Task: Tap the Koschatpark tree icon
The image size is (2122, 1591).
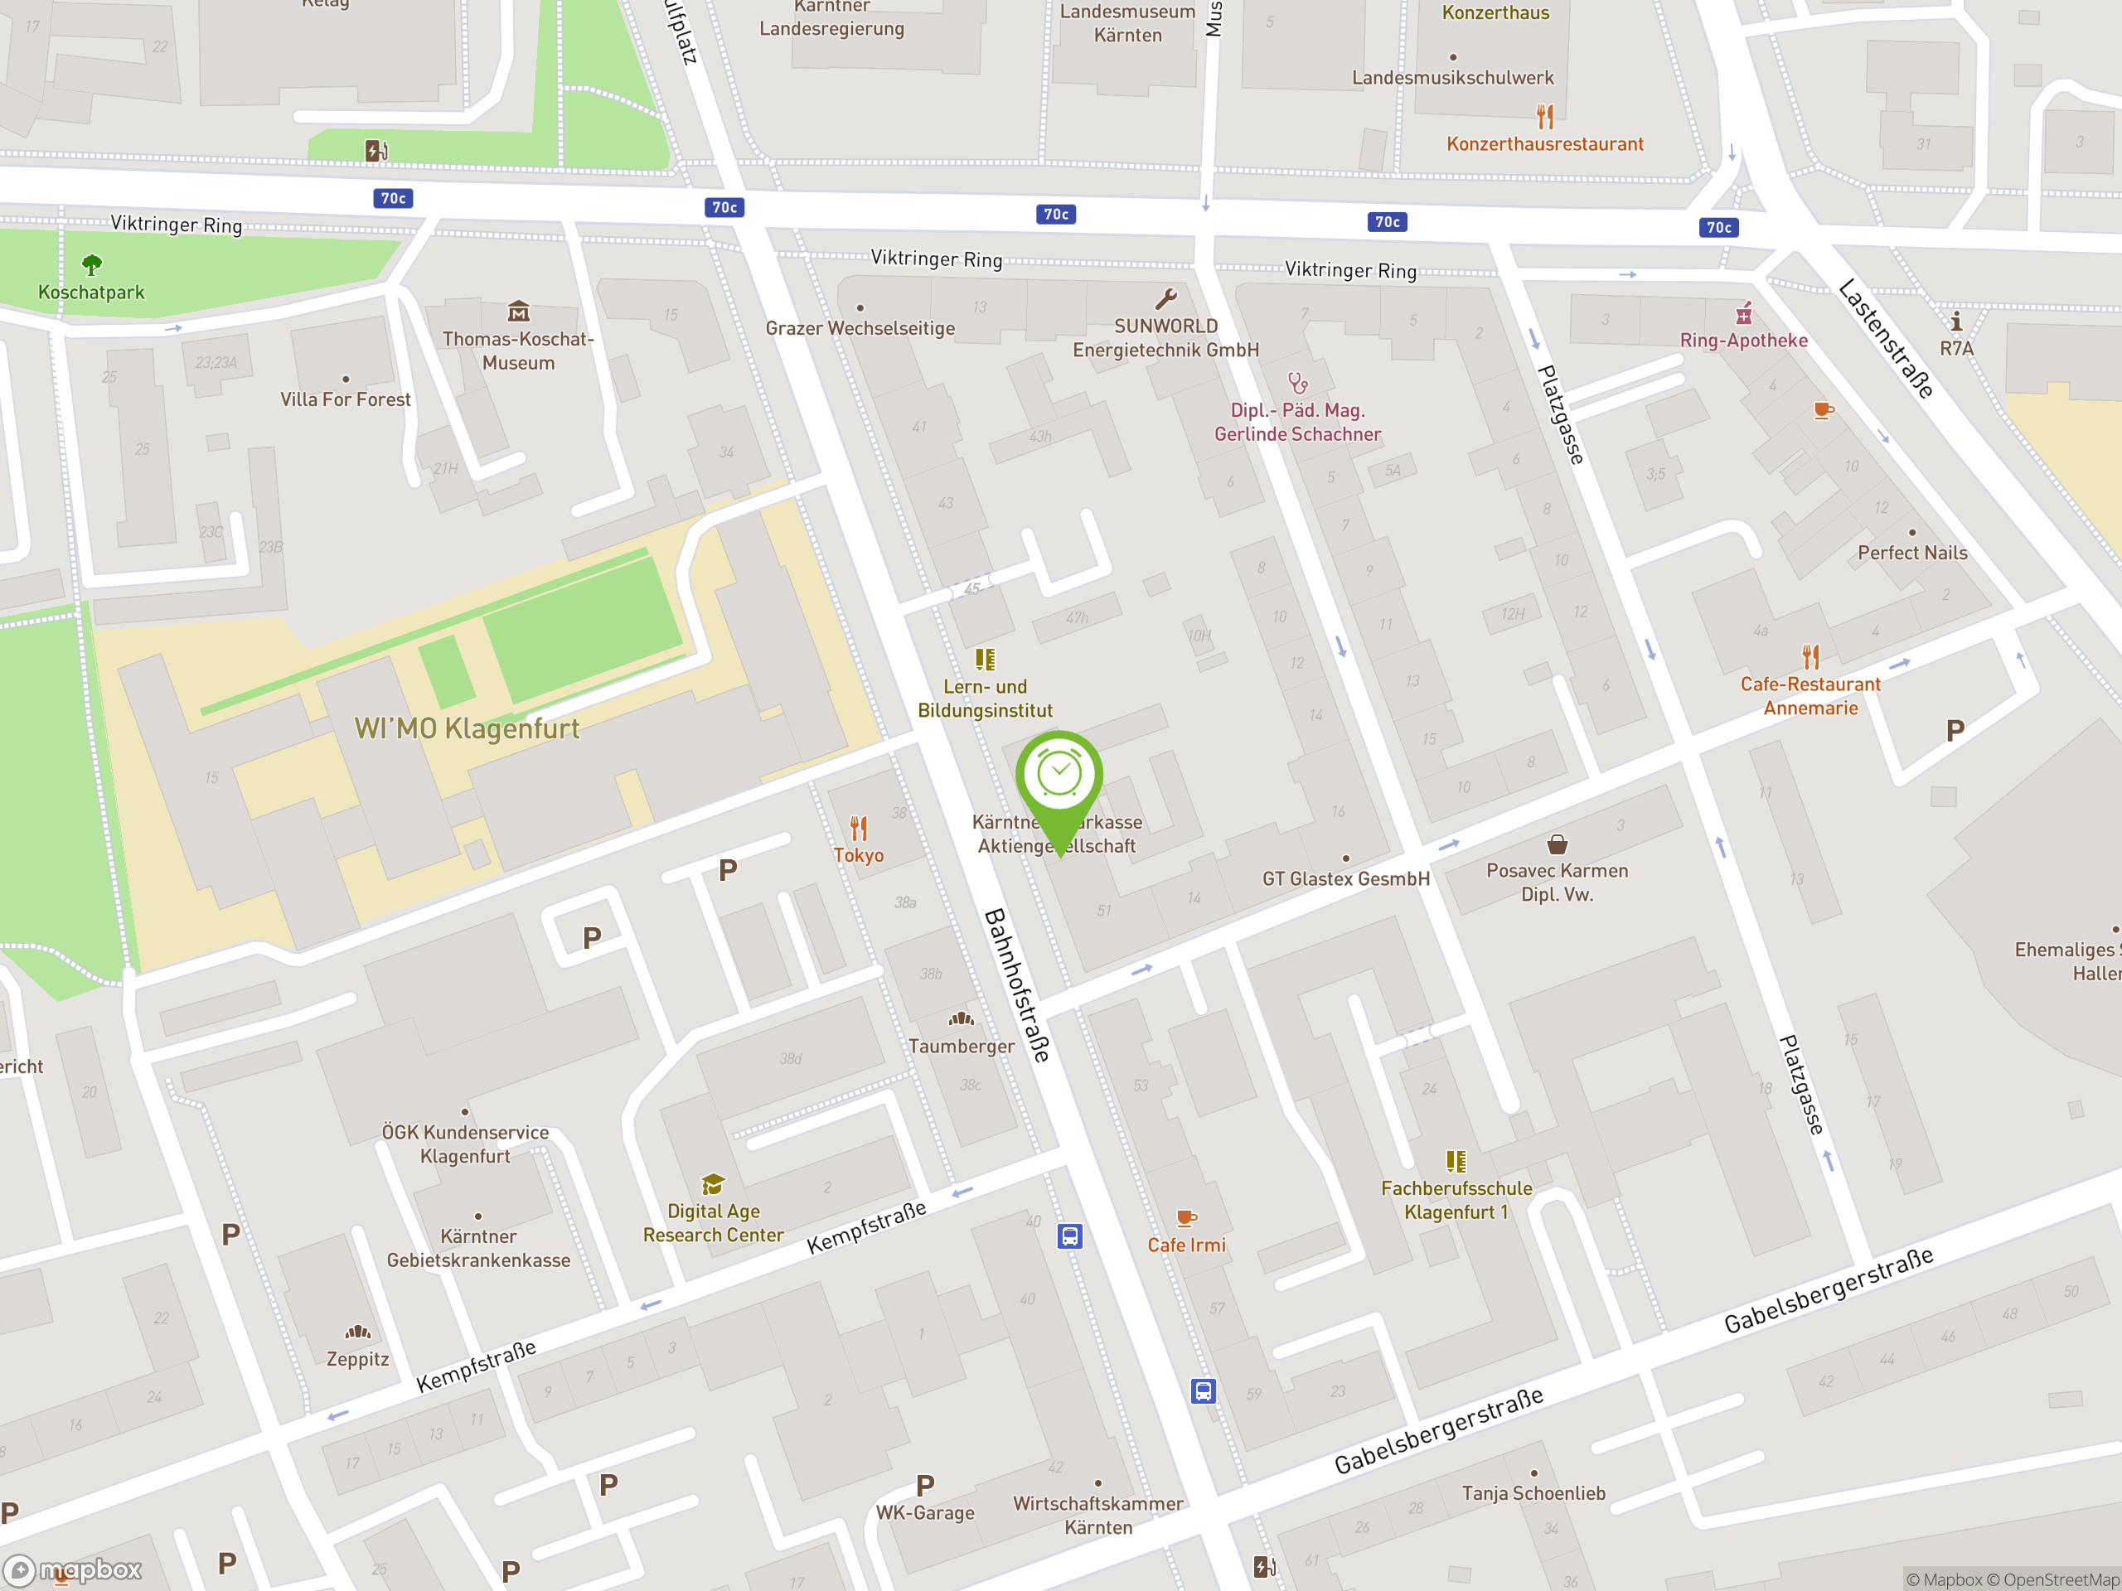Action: pyautogui.click(x=91, y=264)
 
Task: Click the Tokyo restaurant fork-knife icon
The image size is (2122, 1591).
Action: pyautogui.click(x=859, y=828)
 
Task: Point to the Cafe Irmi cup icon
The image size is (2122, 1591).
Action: pyautogui.click(x=1187, y=1218)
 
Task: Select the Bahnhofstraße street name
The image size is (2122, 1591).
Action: pyautogui.click(x=1017, y=985)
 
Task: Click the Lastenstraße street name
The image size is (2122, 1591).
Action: pyautogui.click(x=1886, y=339)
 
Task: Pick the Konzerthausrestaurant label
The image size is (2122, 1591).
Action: pyautogui.click(x=1544, y=144)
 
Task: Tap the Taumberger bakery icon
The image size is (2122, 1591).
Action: pyautogui.click(x=962, y=1018)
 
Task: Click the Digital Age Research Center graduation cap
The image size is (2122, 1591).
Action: pyautogui.click(x=713, y=1184)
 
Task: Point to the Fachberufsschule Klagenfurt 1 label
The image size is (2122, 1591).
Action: pyautogui.click(x=1456, y=1200)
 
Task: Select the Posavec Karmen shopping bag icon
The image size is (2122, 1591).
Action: pyautogui.click(x=1557, y=844)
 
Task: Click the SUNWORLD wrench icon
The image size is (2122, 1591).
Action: pyautogui.click(x=1165, y=299)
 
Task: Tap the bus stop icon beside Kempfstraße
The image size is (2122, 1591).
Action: pyautogui.click(x=1069, y=1236)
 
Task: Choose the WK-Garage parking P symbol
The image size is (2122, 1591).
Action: pyautogui.click(x=925, y=1486)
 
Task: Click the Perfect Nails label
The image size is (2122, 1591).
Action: pyautogui.click(x=1912, y=553)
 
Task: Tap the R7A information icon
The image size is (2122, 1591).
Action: pyautogui.click(x=1956, y=322)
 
